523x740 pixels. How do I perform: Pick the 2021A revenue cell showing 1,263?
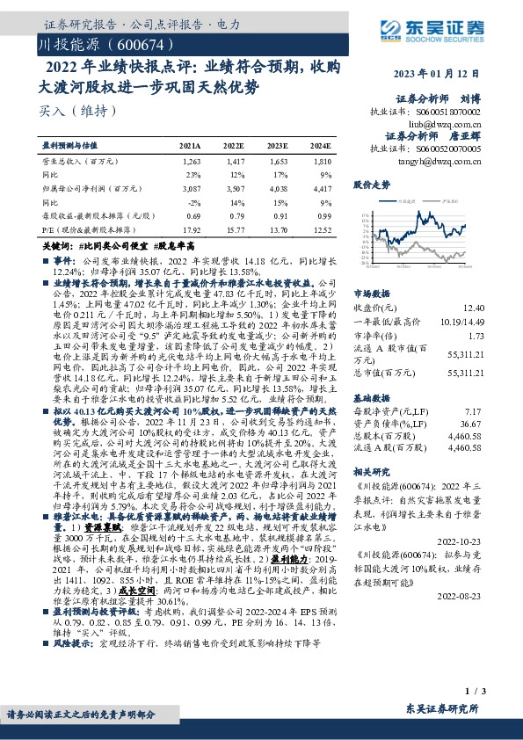click(191, 163)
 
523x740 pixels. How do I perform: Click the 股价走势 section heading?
click(370, 186)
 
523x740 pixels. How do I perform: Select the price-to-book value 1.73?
click(476, 337)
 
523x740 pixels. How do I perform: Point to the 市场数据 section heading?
click(370, 294)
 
